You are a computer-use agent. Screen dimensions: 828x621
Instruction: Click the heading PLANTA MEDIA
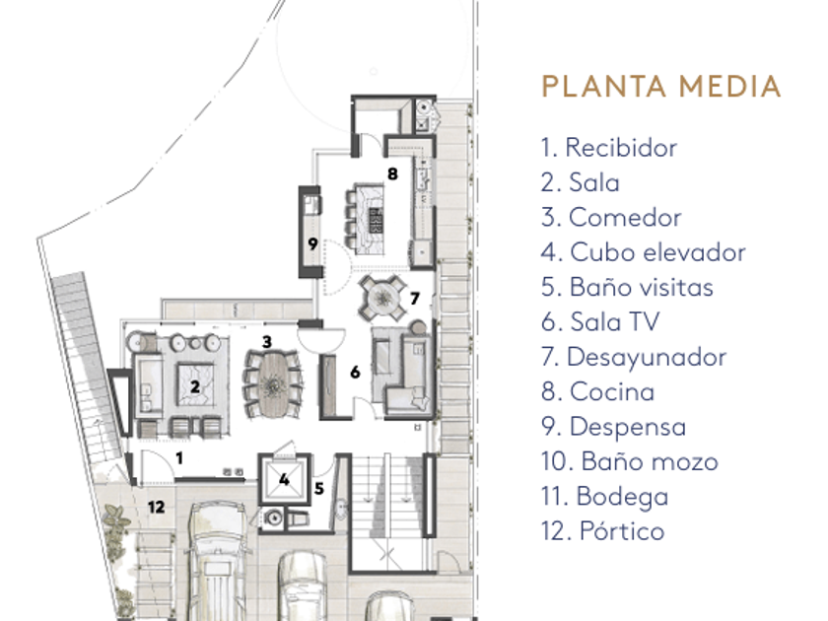tap(660, 87)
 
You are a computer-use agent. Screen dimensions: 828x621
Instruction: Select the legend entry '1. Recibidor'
tap(608, 148)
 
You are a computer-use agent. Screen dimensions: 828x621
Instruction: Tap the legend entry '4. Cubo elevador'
tap(643, 252)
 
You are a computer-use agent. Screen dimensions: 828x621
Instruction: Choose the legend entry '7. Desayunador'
tap(633, 357)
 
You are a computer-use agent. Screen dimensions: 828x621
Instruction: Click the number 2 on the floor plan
tap(194, 387)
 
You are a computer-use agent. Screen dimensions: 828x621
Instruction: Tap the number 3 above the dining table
tap(266, 342)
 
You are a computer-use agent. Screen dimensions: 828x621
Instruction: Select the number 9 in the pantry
tap(310, 243)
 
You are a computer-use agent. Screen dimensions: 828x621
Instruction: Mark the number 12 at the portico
tap(156, 507)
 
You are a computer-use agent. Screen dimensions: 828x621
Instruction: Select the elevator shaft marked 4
tap(284, 481)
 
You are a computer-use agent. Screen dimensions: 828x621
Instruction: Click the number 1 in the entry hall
tap(178, 456)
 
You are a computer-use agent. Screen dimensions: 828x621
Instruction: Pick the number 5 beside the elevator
tap(320, 486)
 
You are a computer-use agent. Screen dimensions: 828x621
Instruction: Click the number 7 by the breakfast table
tap(415, 298)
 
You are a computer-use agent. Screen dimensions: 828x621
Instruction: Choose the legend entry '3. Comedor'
tap(611, 218)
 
